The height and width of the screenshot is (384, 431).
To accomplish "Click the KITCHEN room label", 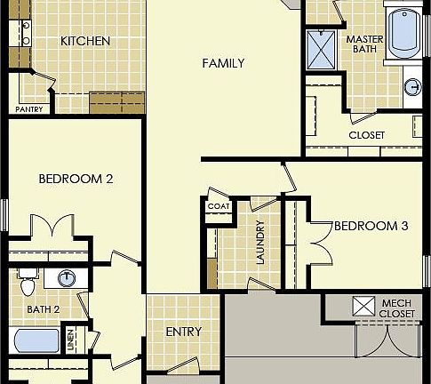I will pyautogui.click(x=85, y=41).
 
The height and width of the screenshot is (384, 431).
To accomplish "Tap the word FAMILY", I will pyautogui.click(x=223, y=63).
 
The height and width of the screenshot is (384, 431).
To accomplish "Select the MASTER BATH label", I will pyautogui.click(x=363, y=44).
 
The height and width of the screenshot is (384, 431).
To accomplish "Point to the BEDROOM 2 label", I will pyautogui.click(x=76, y=179).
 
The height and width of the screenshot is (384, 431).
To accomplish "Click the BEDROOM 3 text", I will pyautogui.click(x=371, y=227).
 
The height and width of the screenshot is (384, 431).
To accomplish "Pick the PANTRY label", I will pyautogui.click(x=29, y=109).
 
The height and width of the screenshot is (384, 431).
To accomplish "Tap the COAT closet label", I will pyautogui.click(x=218, y=206).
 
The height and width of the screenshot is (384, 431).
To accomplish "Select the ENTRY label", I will pyautogui.click(x=184, y=332).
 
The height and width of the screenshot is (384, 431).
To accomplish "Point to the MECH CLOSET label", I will pyautogui.click(x=396, y=308).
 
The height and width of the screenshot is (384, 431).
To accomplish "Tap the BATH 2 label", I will pyautogui.click(x=43, y=309).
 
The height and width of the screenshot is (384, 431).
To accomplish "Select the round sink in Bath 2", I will pyautogui.click(x=66, y=279).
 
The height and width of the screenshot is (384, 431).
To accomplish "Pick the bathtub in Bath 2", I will pyautogui.click(x=35, y=342).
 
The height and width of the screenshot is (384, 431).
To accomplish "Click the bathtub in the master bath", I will pyautogui.click(x=407, y=31).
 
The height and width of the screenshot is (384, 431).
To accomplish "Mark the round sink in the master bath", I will pyautogui.click(x=412, y=87).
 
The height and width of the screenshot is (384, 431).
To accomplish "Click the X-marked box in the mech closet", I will pyautogui.click(x=363, y=307).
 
